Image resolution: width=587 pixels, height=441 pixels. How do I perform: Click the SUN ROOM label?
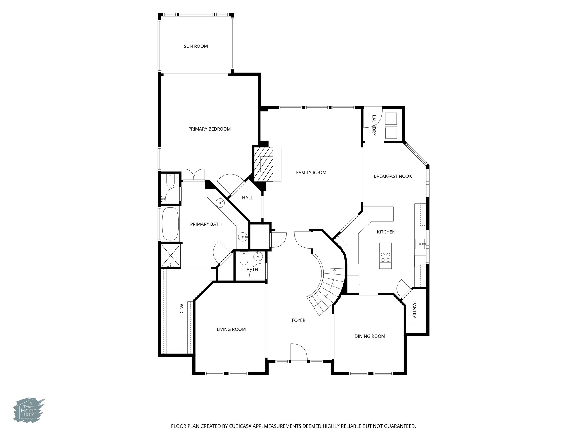[196, 46]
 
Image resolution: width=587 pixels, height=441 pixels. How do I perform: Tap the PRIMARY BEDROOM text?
[210, 129]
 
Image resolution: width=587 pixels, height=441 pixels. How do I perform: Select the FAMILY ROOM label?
[311, 173]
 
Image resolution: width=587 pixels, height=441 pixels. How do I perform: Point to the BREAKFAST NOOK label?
[393, 176]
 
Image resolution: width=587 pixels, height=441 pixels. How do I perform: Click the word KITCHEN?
[386, 232]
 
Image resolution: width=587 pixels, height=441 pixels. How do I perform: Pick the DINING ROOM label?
[370, 336]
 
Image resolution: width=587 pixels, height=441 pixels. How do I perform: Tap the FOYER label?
[298, 320]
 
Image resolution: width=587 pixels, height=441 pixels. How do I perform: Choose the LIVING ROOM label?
[231, 329]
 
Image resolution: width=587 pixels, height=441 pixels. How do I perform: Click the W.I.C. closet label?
[181, 309]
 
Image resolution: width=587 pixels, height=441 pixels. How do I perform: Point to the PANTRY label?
[414, 310]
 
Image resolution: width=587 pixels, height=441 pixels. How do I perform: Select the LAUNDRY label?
[374, 125]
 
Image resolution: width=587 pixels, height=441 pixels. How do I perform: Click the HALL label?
[247, 198]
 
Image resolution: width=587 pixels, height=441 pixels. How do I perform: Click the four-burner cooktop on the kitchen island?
[386, 257]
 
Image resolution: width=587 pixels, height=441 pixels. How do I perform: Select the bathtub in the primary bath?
[170, 224]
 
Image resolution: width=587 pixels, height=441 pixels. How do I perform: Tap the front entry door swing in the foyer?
[299, 352]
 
